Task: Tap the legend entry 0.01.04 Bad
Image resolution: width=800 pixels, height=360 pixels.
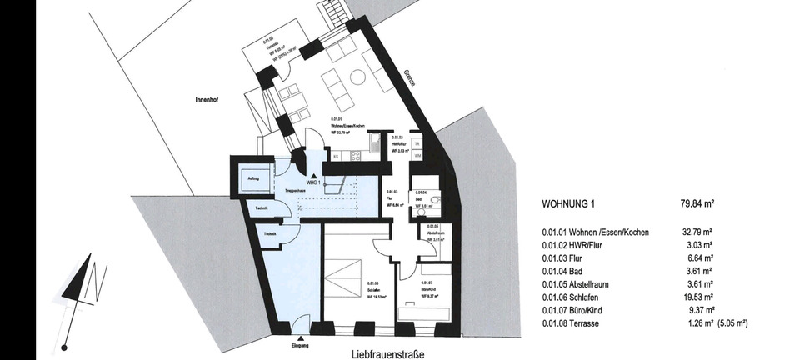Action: [569, 271]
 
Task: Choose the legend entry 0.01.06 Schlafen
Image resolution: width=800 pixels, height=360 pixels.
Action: [578, 297]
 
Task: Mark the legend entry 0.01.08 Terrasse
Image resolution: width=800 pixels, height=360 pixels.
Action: [579, 324]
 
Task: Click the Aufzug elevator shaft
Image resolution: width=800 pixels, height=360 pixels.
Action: [252, 177]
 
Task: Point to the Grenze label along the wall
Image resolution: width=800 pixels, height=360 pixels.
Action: [409, 78]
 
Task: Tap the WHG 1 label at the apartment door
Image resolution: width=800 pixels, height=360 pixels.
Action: [314, 182]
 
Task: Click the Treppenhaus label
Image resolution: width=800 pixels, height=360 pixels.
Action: [289, 190]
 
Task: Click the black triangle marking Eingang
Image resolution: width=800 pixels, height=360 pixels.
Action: [298, 332]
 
